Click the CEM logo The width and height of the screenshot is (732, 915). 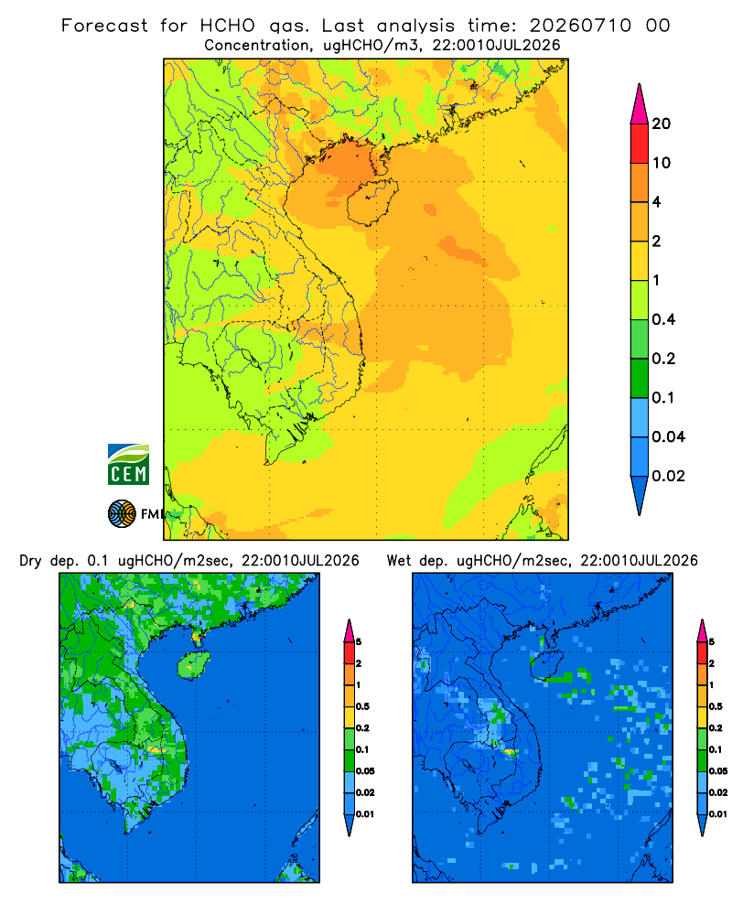tap(128, 465)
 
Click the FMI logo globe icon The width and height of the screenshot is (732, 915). tap(122, 514)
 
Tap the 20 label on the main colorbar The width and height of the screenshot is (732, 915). tap(662, 124)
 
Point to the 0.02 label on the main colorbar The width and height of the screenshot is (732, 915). tap(668, 476)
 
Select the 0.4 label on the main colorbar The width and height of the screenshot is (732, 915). tap(663, 319)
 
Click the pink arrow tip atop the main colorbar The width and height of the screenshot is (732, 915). tap(640, 103)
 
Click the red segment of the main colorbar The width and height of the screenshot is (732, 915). tap(640, 144)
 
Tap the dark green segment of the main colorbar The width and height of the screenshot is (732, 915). tap(640, 378)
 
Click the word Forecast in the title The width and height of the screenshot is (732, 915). tap(104, 26)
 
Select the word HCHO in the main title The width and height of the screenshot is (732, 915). tap(228, 26)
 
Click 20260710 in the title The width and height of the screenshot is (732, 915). tap(581, 26)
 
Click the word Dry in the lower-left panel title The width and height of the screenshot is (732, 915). tap(30, 561)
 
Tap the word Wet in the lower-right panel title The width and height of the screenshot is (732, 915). tap(399, 561)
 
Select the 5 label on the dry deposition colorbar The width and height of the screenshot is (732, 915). tap(359, 642)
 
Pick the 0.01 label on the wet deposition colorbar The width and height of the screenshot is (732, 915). tap(718, 814)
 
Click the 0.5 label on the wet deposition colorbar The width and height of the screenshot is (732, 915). tap(716, 706)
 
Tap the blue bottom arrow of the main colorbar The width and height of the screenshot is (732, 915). tap(640, 496)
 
